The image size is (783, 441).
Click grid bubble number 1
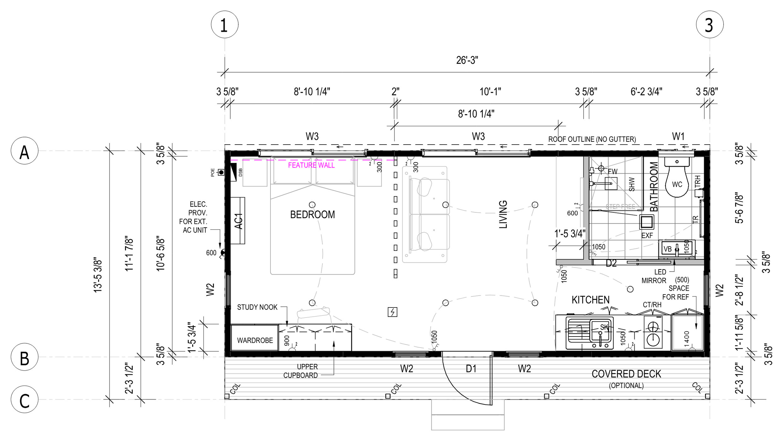(x=224, y=25)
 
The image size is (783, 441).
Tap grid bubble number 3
(x=709, y=25)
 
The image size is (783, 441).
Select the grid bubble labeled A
(x=25, y=151)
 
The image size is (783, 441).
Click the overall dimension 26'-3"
(x=467, y=60)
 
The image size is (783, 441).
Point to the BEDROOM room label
(x=312, y=215)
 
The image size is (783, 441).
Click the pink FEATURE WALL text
(x=311, y=165)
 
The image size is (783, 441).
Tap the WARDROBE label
(x=255, y=340)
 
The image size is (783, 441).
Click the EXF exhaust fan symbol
(x=647, y=222)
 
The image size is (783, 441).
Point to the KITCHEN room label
(x=590, y=300)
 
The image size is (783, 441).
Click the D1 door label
(x=471, y=368)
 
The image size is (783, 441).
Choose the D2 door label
(x=611, y=263)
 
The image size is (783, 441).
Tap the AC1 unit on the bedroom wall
(x=238, y=220)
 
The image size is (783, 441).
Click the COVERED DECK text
(x=626, y=374)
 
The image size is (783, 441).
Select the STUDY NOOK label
(x=257, y=307)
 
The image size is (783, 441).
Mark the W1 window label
(x=678, y=136)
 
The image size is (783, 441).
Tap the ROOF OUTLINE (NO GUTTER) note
(x=592, y=139)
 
